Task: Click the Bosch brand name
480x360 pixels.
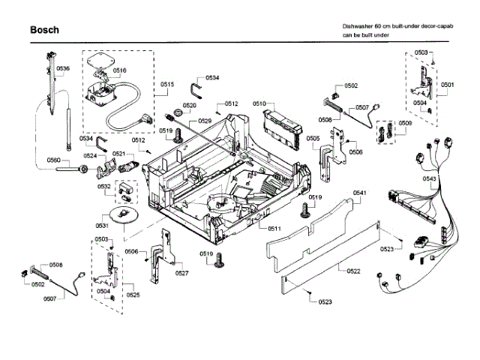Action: pos(44,30)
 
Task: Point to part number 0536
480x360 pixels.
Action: pos(62,69)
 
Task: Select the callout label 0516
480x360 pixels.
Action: pos(120,70)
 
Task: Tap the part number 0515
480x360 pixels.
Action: pos(166,85)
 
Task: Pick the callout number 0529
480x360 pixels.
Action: pos(205,121)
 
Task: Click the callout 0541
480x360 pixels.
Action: pos(359,193)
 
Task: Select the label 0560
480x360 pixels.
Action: pos(53,160)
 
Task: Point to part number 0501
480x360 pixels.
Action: pos(447,85)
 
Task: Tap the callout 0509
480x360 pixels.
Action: pos(405,122)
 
